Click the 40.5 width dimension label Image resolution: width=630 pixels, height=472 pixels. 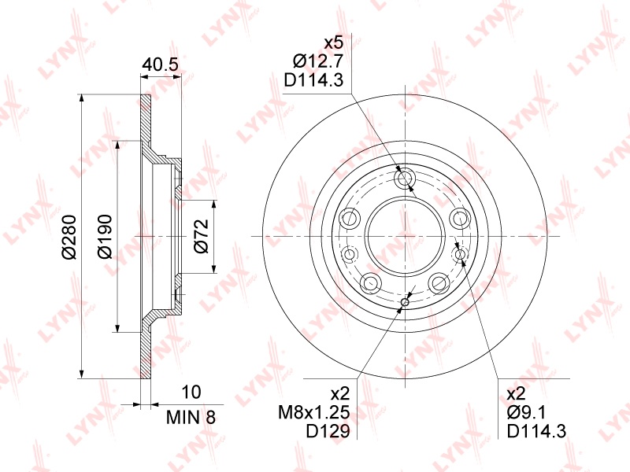point(160,65)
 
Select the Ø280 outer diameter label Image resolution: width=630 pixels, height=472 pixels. point(69,237)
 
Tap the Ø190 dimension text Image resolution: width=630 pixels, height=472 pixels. point(105,237)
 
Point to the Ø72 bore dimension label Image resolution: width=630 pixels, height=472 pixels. point(202,236)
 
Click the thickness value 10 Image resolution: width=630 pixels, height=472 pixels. point(191,392)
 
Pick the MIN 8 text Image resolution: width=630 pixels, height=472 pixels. point(191,418)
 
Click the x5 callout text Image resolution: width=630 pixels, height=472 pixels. point(333,43)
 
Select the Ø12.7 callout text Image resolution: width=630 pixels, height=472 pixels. point(318,61)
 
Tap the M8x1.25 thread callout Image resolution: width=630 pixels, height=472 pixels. point(314,412)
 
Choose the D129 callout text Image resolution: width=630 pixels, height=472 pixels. point(328,431)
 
